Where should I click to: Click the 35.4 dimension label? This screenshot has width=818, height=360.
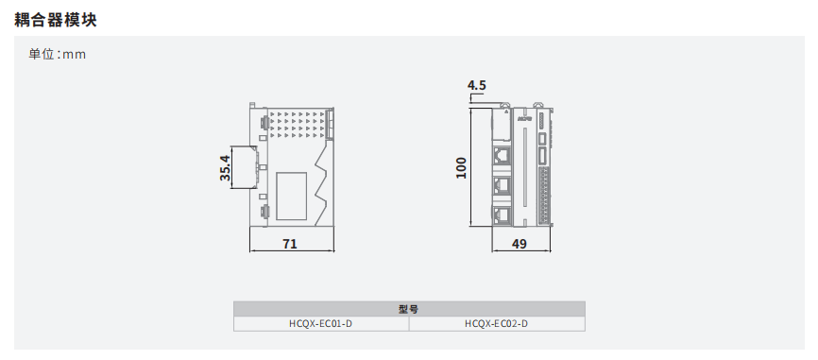coord(225,167)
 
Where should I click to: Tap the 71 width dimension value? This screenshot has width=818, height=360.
coord(290,244)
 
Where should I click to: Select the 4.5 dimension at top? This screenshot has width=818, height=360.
coord(477,85)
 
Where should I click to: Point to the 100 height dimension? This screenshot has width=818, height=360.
coord(461,168)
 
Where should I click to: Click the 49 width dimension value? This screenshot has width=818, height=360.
coord(520,244)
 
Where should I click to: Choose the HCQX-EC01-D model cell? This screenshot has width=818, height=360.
coord(321,323)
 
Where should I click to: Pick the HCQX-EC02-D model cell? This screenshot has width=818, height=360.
coord(497,323)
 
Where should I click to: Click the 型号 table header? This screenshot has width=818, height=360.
coord(409,309)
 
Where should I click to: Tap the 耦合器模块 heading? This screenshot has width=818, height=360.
coord(56,20)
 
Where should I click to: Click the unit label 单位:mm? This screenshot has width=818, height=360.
coord(58,54)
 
